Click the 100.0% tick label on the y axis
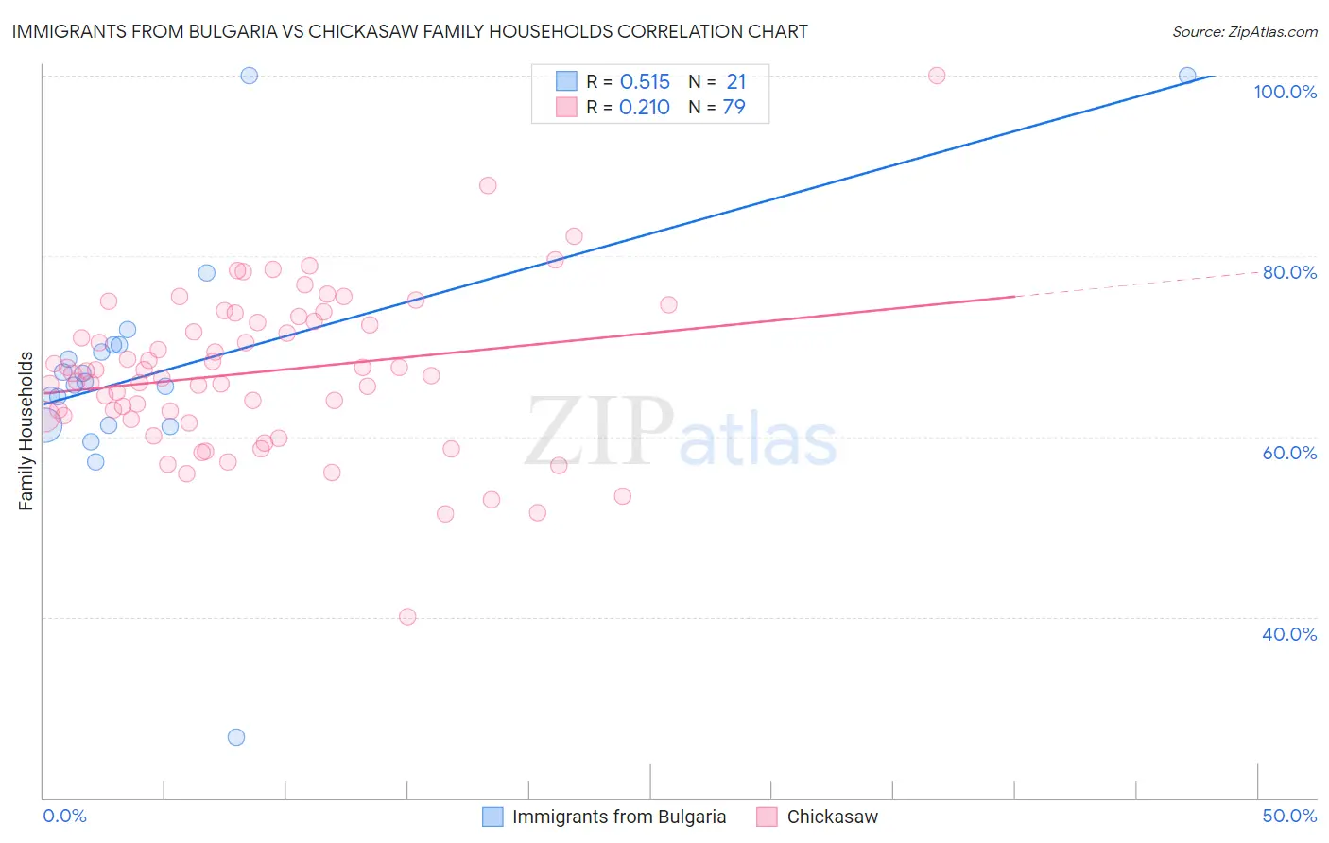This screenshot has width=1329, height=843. pos(1285,92)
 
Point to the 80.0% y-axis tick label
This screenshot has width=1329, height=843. pos(1289,272)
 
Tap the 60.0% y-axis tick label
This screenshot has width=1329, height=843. pos(1289,453)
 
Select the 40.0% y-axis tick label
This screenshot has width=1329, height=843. pos(1289,634)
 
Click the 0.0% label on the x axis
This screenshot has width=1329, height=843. pos(64,816)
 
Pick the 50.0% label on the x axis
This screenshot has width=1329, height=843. pos(1289,816)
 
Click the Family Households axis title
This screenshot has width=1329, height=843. pos(26,431)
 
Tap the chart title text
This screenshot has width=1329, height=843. pos(409,31)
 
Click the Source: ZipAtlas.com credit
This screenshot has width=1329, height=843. pos(1244,32)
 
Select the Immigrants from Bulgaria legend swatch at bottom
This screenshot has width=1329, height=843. pos(492,817)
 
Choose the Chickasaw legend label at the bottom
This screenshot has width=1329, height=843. pos(832,817)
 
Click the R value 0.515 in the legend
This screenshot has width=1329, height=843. pos(645,82)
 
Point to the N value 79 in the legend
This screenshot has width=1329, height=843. pos(734,108)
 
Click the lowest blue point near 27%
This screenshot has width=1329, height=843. pos(236,737)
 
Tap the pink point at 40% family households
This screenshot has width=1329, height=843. pos(407,617)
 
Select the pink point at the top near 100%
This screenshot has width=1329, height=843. pos(937,76)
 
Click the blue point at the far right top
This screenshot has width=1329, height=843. pos(1187,76)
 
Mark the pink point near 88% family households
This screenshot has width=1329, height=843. pos(488,185)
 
